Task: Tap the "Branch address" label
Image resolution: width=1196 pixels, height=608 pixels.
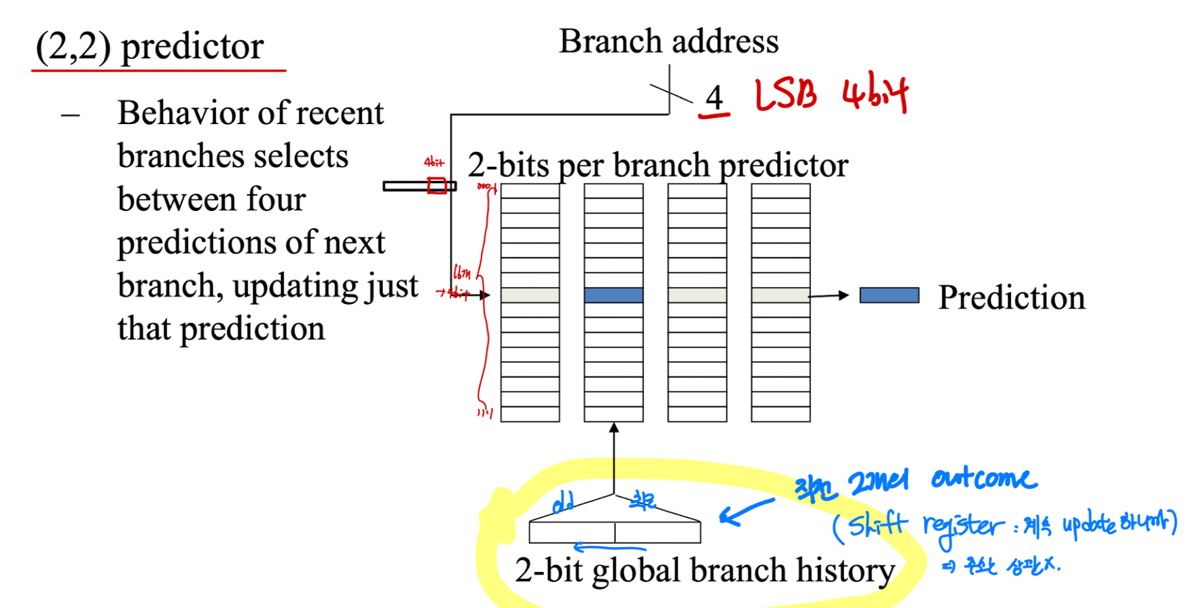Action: [669, 41]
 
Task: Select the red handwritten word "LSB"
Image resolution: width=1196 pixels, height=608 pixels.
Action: [785, 96]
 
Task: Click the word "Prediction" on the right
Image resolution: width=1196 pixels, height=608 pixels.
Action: [1011, 297]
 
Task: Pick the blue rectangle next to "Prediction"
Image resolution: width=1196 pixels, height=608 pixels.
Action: [889, 295]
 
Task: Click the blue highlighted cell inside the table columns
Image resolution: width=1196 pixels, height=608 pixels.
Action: [613, 295]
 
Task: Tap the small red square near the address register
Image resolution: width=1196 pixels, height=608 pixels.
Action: [437, 185]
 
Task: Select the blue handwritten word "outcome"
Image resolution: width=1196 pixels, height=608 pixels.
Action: [984, 478]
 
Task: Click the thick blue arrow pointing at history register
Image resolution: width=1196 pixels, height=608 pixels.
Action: [745, 511]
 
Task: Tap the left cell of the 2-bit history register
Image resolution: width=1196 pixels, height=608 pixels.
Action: [571, 532]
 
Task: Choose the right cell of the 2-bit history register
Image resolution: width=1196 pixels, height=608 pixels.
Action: [658, 532]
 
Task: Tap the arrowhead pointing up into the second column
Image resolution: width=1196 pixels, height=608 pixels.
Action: [614, 428]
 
